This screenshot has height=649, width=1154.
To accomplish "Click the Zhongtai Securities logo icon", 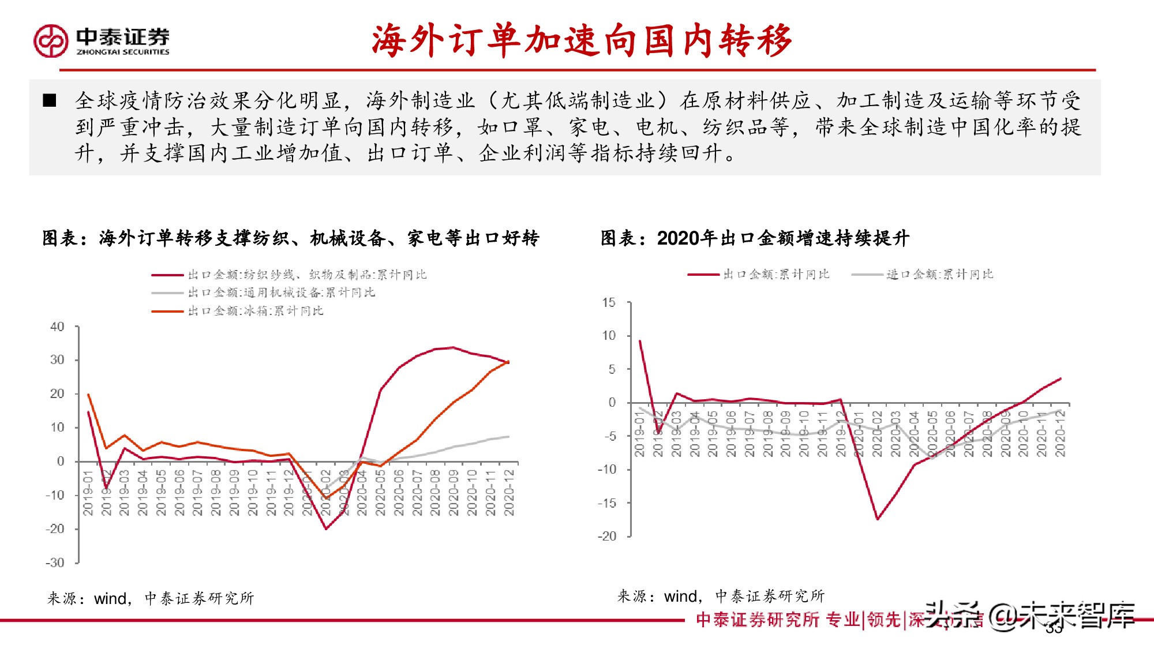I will (51, 40).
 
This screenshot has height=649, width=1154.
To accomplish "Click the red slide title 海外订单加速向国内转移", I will (581, 41).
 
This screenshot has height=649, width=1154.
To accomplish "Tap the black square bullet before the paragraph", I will (50, 100).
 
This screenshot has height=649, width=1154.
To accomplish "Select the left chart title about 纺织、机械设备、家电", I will (290, 238).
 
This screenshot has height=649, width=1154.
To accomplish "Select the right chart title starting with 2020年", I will (755, 238).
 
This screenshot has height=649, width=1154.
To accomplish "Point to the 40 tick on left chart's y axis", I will (57, 327).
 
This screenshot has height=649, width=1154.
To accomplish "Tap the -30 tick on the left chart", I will (55, 562).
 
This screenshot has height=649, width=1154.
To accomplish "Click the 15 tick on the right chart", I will (609, 302).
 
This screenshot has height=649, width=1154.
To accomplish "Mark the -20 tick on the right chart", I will (607, 536).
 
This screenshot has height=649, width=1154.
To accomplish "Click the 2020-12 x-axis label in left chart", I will (509, 492).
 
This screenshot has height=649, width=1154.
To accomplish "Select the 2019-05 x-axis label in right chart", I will (713, 434).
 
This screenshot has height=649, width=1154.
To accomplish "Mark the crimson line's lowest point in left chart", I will (326, 528).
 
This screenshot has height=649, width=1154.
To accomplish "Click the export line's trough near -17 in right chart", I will (878, 519).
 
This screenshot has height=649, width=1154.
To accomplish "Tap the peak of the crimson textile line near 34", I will (453, 347).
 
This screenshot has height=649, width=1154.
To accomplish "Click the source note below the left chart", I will (151, 598).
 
